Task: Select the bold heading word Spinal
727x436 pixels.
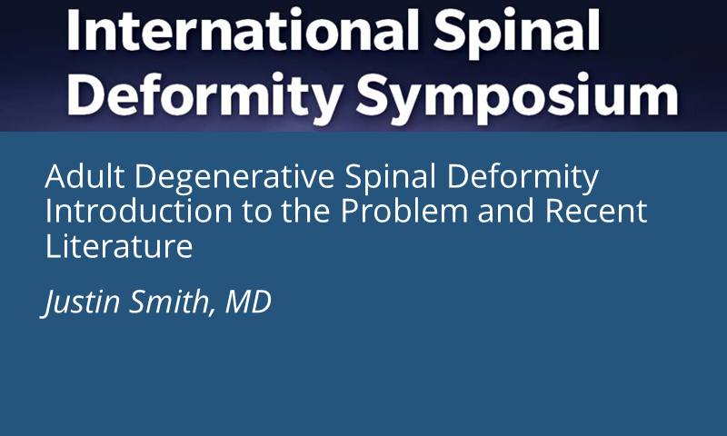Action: click(x=516, y=34)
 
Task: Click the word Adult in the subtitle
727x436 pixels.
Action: click(x=85, y=176)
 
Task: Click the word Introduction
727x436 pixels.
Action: click(x=139, y=211)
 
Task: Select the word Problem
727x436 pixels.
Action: click(x=404, y=211)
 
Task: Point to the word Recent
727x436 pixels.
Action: click(x=596, y=212)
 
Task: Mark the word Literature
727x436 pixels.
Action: click(x=119, y=246)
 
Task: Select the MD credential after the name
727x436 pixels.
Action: click(x=248, y=302)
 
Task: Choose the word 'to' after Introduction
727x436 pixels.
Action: click(x=256, y=213)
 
